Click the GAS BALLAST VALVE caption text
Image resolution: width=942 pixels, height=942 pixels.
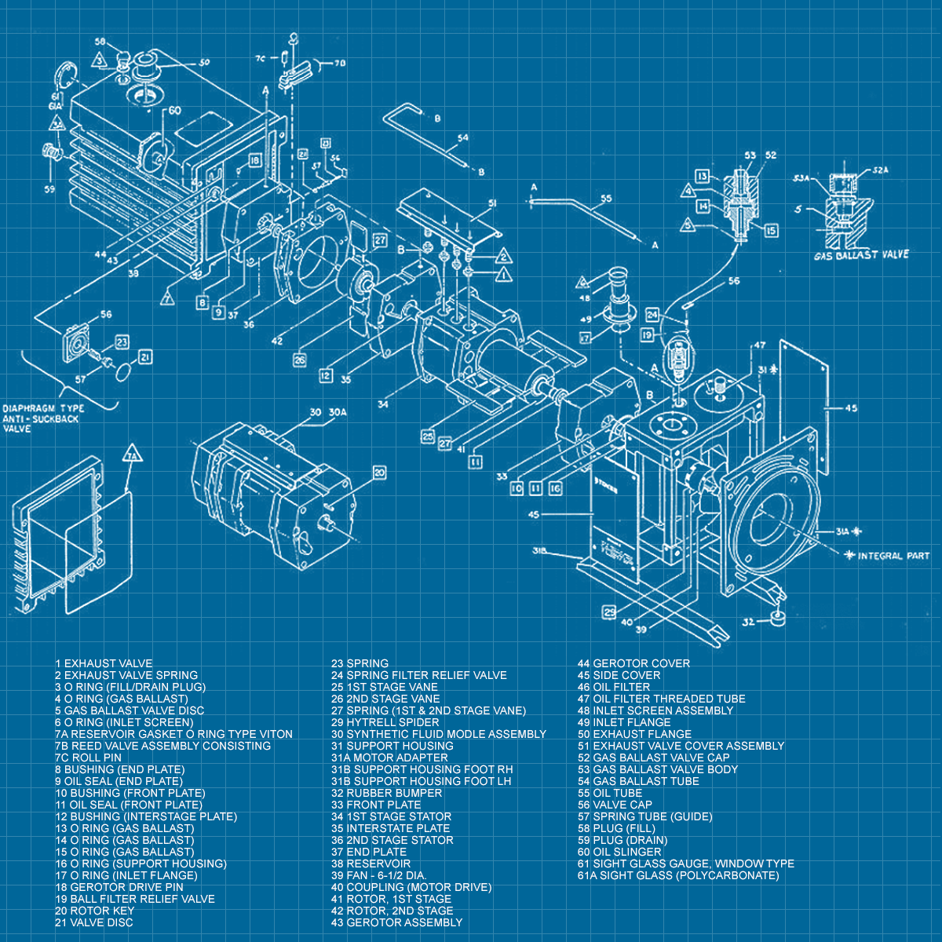[861, 255]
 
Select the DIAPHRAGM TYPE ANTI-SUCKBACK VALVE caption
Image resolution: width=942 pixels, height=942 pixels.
[42, 418]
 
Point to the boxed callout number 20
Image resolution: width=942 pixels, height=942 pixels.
[379, 473]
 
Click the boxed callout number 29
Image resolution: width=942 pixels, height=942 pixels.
[609, 612]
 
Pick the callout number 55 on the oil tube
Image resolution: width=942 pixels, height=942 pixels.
[606, 199]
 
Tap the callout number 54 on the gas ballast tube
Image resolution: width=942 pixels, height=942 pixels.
[463, 138]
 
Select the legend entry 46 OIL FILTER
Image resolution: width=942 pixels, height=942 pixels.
[614, 687]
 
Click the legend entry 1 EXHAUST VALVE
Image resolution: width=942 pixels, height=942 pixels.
[104, 663]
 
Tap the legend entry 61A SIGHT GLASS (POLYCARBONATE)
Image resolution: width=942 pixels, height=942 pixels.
[678, 875]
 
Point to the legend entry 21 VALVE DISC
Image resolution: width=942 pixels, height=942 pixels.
[94, 922]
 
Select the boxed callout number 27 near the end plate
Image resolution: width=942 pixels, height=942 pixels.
[380, 239]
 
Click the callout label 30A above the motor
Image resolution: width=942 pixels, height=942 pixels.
[338, 413]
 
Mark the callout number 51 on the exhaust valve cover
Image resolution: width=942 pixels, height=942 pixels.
[493, 204]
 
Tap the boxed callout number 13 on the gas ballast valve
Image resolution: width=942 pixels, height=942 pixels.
[703, 176]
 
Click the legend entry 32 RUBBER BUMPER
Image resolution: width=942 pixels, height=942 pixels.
[386, 793]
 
